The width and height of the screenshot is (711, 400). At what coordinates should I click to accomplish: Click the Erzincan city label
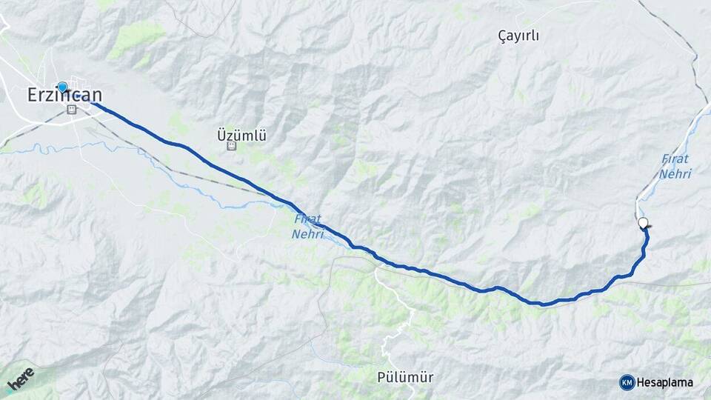(64, 95)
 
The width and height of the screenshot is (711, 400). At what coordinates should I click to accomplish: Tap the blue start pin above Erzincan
(62, 87)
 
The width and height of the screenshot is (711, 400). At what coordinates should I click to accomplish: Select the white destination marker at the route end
(643, 222)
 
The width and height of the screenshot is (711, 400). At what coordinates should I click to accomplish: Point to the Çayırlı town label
(518, 36)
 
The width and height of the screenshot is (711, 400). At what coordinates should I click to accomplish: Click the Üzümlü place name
(241, 136)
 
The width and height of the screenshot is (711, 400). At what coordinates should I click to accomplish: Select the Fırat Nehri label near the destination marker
(675, 167)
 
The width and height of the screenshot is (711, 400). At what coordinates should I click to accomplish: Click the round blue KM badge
(627, 382)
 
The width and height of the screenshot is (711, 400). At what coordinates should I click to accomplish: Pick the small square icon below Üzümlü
(232, 147)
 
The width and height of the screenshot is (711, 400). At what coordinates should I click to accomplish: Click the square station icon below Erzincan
(72, 110)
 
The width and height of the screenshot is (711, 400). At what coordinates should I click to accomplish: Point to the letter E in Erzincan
(32, 95)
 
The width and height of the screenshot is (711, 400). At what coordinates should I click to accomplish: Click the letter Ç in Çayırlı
(501, 36)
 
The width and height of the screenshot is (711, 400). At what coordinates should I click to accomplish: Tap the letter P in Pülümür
(379, 377)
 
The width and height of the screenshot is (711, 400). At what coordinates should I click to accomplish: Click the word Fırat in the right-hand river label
(675, 159)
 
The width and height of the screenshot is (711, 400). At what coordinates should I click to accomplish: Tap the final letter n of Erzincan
(97, 95)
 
